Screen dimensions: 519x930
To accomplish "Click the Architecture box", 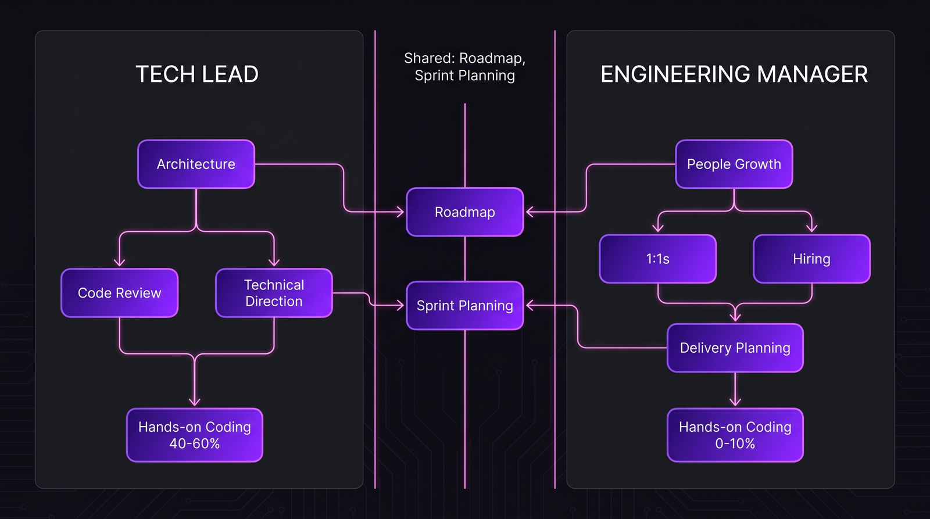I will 196,164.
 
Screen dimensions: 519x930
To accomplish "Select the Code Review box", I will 119,293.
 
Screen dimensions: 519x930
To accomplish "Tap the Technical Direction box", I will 274,293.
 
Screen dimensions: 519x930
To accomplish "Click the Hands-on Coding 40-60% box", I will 195,435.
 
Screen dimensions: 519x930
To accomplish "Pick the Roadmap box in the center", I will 464,212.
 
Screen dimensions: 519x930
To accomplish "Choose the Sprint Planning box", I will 464,306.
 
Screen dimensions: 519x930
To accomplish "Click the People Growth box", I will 734,164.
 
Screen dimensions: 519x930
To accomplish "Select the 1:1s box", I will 657,259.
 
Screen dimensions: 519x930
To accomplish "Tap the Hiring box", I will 811,259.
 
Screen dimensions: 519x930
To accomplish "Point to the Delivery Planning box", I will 735,348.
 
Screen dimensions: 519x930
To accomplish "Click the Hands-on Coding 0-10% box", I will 735,435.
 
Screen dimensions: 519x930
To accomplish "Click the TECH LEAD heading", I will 197,74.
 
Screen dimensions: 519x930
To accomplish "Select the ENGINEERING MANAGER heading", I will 734,74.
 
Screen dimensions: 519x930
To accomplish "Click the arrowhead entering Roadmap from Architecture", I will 400,212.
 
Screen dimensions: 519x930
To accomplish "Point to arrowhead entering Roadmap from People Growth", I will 530,212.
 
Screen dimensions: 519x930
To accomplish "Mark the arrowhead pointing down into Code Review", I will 119,263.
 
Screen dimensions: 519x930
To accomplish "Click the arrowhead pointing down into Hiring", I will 811,228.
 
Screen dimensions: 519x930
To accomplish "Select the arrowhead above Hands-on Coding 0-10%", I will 735,402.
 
